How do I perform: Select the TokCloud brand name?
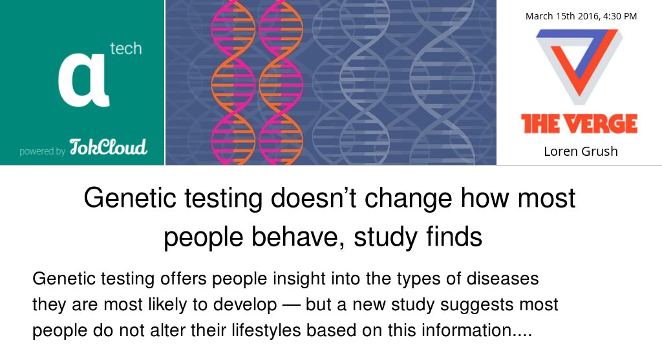[x=108, y=147]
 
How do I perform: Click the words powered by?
[x=42, y=152]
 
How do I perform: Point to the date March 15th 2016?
[x=560, y=16]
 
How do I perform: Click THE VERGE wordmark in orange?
[x=579, y=123]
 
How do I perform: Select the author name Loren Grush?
[x=580, y=151]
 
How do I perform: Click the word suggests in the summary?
[x=465, y=304]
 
